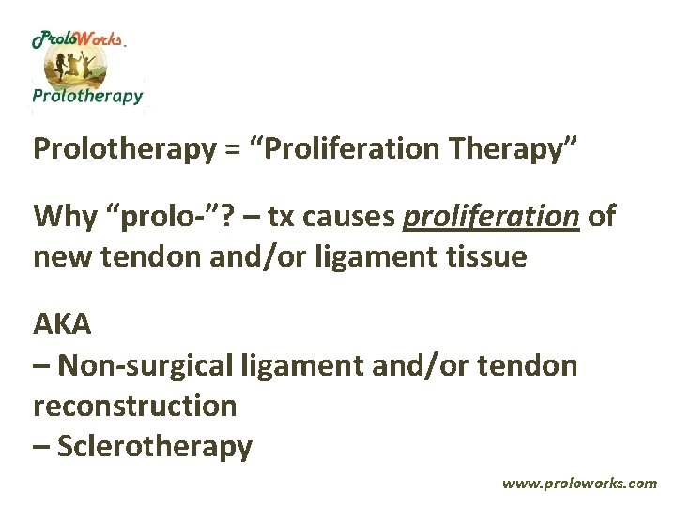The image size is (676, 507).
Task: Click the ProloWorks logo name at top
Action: coord(78,40)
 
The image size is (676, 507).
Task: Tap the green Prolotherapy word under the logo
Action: coord(87,95)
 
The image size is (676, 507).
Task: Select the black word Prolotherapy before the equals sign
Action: coord(124,149)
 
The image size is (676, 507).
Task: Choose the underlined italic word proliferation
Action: coord(490,217)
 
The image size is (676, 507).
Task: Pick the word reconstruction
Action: coord(134,407)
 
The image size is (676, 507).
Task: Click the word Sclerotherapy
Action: coord(155,446)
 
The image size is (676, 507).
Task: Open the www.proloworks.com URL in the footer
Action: coord(579,484)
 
